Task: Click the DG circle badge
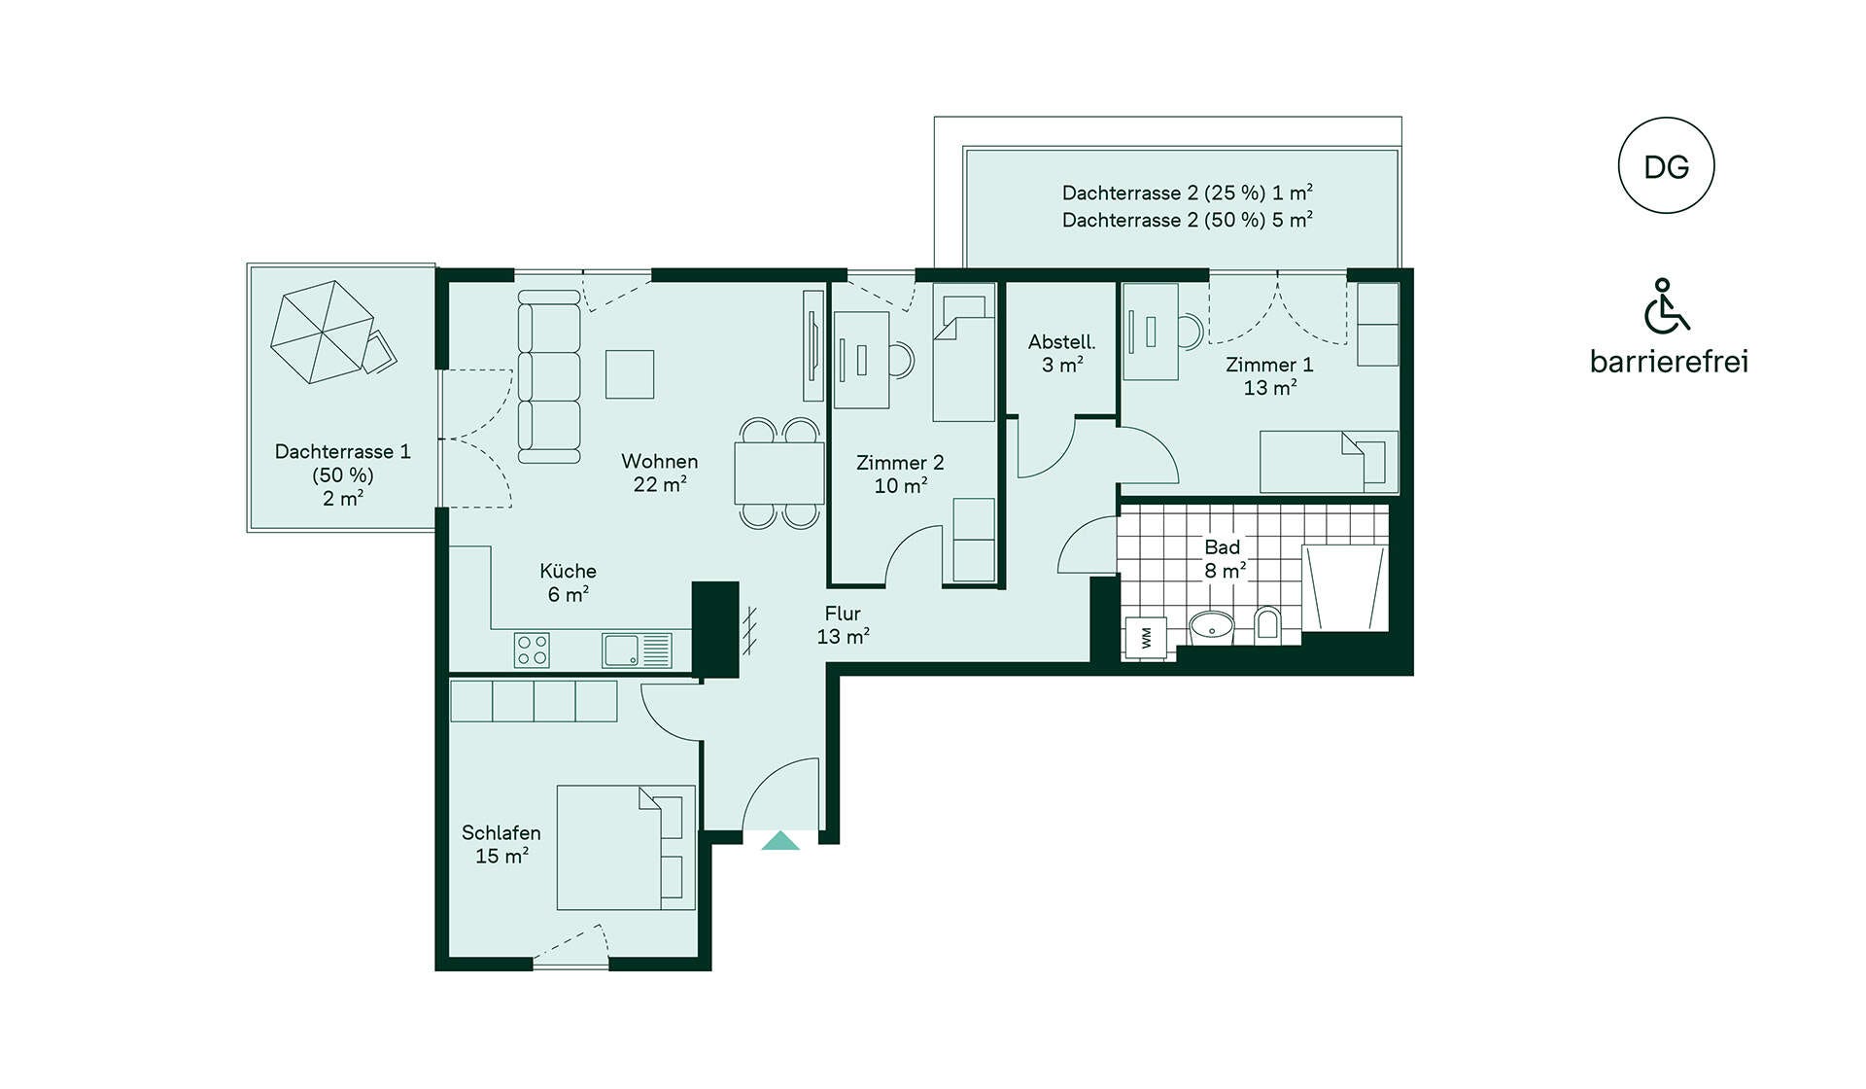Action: pyautogui.click(x=1666, y=165)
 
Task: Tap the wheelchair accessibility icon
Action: pyautogui.click(x=1666, y=306)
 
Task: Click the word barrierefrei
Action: pyautogui.click(x=1669, y=362)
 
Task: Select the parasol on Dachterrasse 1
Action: pyautogui.click(x=322, y=332)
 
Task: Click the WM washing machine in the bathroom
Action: pyautogui.click(x=1146, y=638)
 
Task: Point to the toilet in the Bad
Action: pyautogui.click(x=1267, y=623)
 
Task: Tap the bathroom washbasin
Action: pyautogui.click(x=1211, y=627)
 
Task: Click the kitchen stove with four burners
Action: pyautogui.click(x=532, y=650)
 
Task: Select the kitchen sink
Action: pyautogui.click(x=637, y=650)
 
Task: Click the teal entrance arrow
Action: pyautogui.click(x=780, y=841)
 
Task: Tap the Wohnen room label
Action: pyautogui.click(x=660, y=461)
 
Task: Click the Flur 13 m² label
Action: pyautogui.click(x=843, y=625)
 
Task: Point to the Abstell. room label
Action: pyautogui.click(x=1061, y=342)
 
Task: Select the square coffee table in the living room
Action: pyautogui.click(x=630, y=374)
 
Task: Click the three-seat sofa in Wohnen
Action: pyautogui.click(x=549, y=376)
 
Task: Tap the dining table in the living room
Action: pyautogui.click(x=779, y=473)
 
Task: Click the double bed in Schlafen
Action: pyautogui.click(x=626, y=848)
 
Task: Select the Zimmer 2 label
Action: pyautogui.click(x=900, y=463)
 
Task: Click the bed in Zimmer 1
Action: pyautogui.click(x=1330, y=462)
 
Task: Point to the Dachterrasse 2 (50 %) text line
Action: pyautogui.click(x=1188, y=220)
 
